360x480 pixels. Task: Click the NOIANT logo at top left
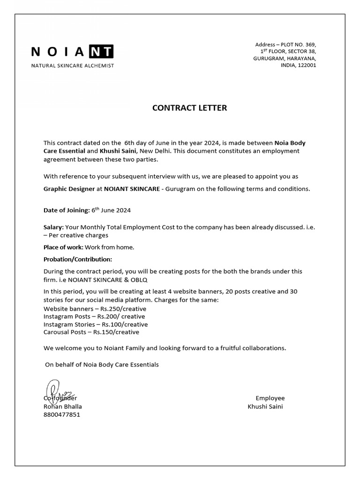(72, 52)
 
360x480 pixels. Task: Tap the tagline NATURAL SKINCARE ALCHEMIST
(72, 66)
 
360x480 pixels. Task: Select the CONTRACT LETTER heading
(189, 108)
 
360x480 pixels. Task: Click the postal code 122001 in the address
(306, 66)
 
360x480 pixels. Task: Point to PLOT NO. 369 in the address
(298, 45)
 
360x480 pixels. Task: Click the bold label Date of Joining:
(66, 210)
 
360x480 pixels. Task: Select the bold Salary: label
(53, 227)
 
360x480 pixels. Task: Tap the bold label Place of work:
(63, 247)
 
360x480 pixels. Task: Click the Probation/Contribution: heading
(78, 259)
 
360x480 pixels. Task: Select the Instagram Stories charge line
(96, 324)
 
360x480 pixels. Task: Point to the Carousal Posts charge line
(91, 332)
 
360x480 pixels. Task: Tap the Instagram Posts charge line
(95, 316)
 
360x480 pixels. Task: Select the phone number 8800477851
(62, 414)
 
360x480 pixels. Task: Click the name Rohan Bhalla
(63, 406)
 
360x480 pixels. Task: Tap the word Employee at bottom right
(270, 398)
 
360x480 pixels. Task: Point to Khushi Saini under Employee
(265, 406)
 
